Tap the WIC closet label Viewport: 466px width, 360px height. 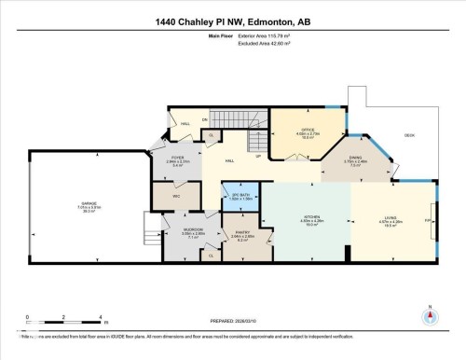point(174,196)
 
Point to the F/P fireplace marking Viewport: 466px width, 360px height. point(427,220)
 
